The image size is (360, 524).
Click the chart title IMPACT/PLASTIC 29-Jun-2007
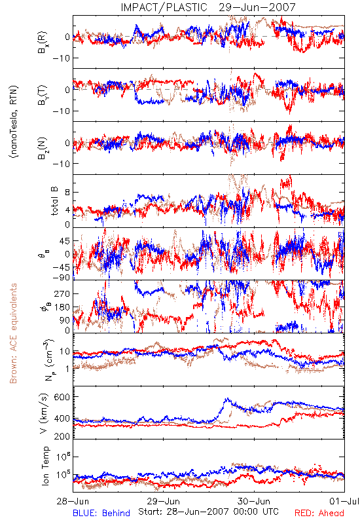(x=208, y=7)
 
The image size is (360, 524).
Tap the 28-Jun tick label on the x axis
(x=73, y=501)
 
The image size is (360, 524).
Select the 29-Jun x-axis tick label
(x=164, y=501)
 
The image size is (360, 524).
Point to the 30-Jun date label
(x=254, y=501)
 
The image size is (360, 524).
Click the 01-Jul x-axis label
(x=344, y=501)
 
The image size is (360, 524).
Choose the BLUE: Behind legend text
(x=101, y=513)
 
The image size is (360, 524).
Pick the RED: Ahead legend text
(x=319, y=513)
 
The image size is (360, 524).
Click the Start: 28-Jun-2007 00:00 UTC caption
(x=208, y=512)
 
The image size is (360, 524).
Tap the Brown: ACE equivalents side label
(x=13, y=333)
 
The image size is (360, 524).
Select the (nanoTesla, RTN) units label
(x=14, y=122)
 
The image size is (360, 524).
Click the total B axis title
(x=54, y=201)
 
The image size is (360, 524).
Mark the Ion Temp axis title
(x=45, y=466)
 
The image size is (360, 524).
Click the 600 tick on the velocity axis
(x=62, y=397)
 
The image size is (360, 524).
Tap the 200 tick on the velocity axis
(x=62, y=436)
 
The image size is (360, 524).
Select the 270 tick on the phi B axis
(x=62, y=293)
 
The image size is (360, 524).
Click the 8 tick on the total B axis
(x=67, y=193)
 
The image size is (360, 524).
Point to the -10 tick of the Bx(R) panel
(x=61, y=58)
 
